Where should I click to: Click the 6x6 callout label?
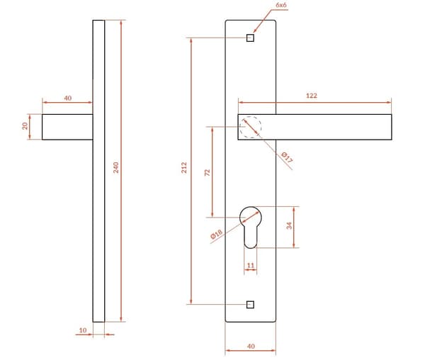[280, 5]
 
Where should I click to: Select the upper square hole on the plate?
[250, 38]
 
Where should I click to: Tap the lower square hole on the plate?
[250, 305]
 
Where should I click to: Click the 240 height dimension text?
[116, 167]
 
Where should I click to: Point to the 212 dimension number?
[184, 167]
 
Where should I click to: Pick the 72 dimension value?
[207, 173]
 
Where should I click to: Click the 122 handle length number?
[312, 96]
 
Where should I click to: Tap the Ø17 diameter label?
[287, 157]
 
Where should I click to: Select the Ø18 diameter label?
[216, 234]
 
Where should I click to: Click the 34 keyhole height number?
[290, 225]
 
